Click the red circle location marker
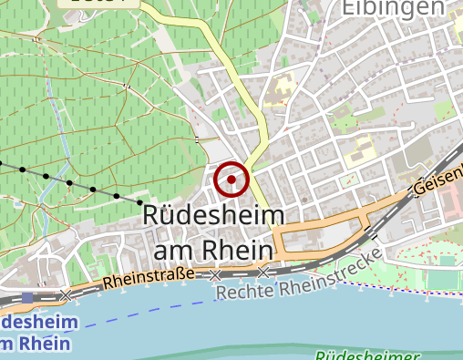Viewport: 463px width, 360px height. pyautogui.click(x=231, y=180)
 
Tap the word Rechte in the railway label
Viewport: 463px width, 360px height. pyautogui.click(x=246, y=292)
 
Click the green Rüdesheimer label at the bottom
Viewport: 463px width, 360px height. pyautogui.click(x=368, y=355)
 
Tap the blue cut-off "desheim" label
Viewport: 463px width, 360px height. pyautogui.click(x=35, y=323)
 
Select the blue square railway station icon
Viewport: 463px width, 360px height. pyautogui.click(x=27, y=298)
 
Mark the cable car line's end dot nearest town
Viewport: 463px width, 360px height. pyautogui.click(x=140, y=201)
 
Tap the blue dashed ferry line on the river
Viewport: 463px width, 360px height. pyautogui.click(x=137, y=314)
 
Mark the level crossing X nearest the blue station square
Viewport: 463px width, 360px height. pyautogui.click(x=66, y=295)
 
